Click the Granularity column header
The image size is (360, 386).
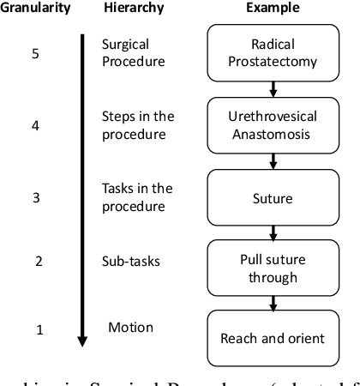coord(36,9)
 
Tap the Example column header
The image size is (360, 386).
coord(272,9)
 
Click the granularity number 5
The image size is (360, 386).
coord(35,53)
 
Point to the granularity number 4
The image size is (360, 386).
coord(35,125)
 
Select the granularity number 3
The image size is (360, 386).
coord(35,197)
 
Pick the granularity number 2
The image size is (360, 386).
coord(38,262)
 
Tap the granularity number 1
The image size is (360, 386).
coord(38,329)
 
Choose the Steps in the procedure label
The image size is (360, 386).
coord(137,124)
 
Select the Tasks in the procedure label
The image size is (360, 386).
coord(137,196)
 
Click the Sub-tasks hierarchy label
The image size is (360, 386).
coord(130,262)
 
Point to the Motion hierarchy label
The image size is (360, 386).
coord(130,327)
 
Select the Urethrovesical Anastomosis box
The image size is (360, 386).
coord(273,124)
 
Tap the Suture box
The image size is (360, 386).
coord(273,198)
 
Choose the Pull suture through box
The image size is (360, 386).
coord(273,268)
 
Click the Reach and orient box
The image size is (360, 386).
coord(273,338)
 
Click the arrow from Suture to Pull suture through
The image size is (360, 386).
coord(273,232)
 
